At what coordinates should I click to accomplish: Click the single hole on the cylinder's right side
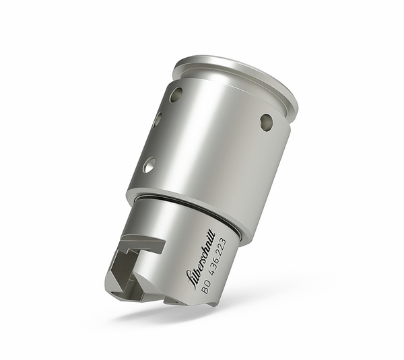[x=267, y=122]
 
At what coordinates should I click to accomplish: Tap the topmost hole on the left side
[x=176, y=94]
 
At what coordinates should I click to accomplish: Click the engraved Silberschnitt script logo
[x=210, y=256]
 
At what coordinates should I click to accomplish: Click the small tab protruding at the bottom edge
[x=171, y=301]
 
